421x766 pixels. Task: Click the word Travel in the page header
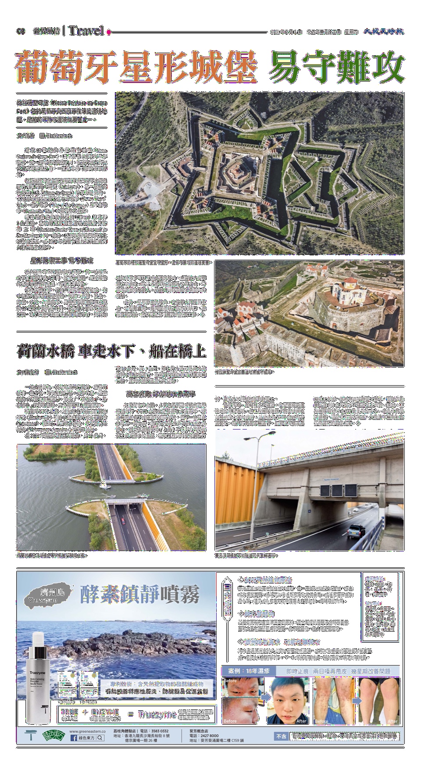[86, 31]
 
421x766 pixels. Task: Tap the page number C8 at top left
[21, 32]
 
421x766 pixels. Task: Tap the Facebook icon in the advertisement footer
[73, 738]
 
